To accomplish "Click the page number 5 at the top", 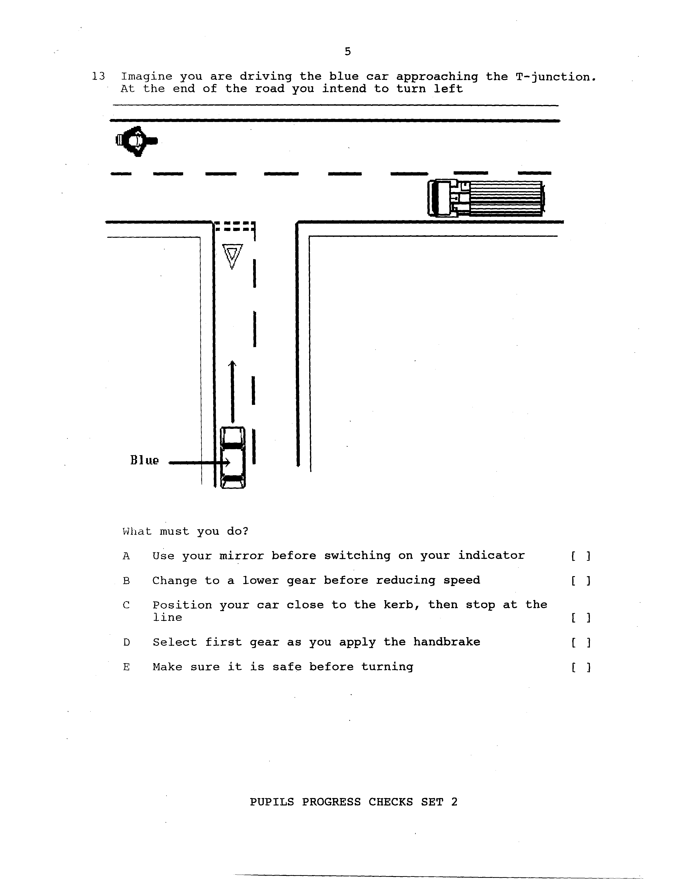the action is [x=348, y=52].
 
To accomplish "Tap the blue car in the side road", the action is [x=233, y=457].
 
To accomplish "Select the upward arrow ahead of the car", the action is [x=232, y=392].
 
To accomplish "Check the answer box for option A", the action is [x=580, y=556].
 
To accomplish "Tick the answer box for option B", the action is [x=580, y=581].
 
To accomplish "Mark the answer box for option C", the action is [x=580, y=618].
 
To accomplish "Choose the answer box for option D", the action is [x=580, y=643].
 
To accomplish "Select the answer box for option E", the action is [x=580, y=668].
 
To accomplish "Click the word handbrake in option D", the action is [x=447, y=642].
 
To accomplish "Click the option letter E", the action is [x=126, y=667].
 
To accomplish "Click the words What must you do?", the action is [x=185, y=531].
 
